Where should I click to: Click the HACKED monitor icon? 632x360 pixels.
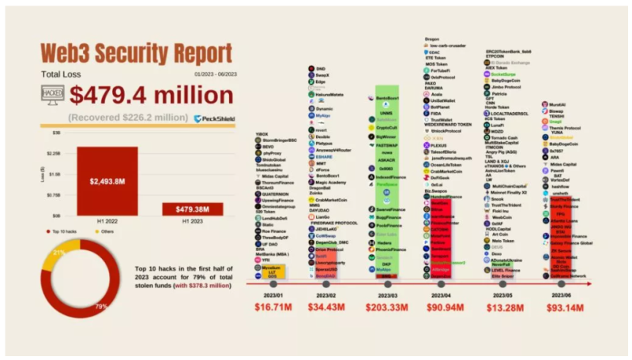point(53,95)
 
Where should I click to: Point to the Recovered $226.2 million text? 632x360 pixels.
point(127,118)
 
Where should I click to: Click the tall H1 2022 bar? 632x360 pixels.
point(107,181)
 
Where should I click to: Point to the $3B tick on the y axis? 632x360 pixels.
point(57,133)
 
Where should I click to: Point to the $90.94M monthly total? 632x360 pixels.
point(445,308)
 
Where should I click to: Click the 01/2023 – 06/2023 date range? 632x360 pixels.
point(207,75)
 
